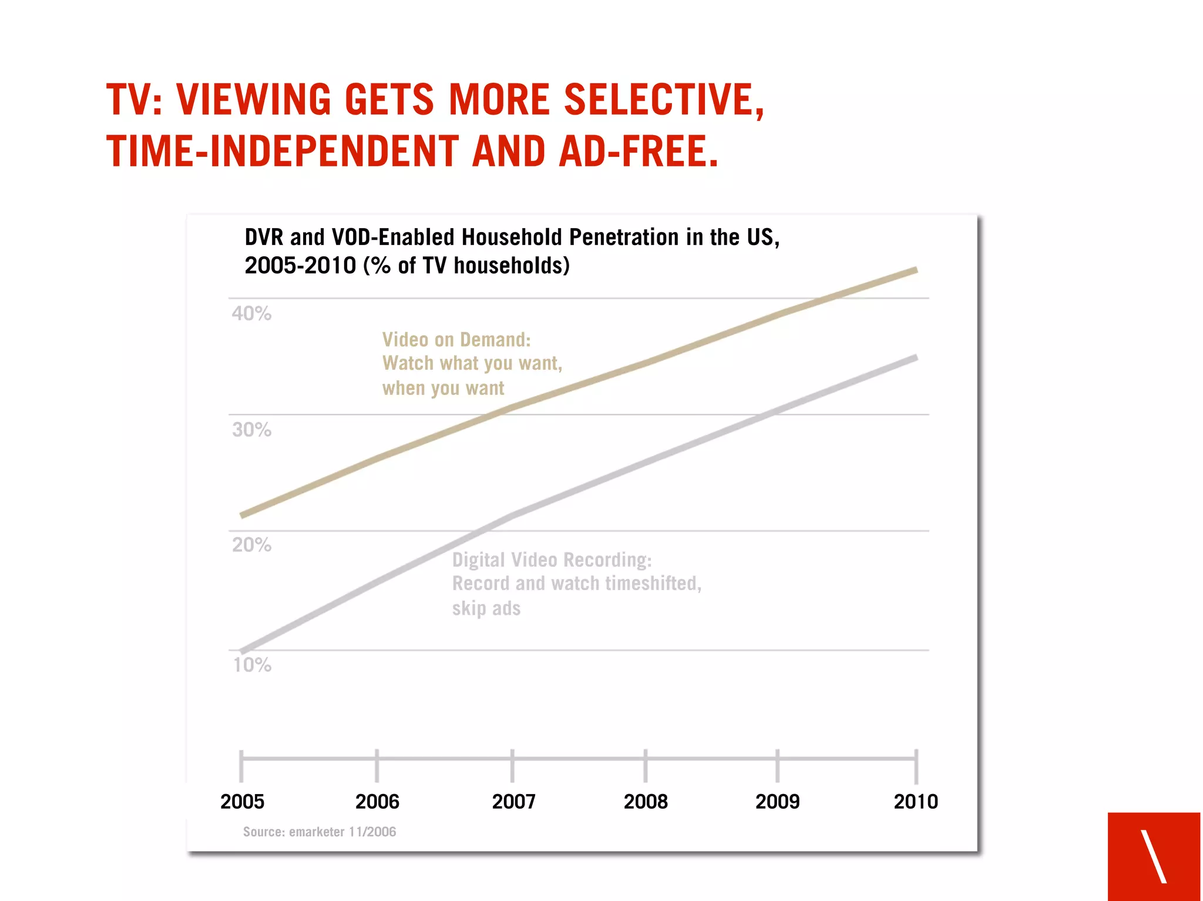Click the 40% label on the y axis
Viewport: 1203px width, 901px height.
coord(251,313)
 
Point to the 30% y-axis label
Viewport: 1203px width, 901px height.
coord(251,430)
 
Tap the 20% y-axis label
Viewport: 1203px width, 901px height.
coord(251,545)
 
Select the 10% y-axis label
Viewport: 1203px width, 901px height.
coord(252,665)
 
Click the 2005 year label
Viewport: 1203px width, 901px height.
coord(242,802)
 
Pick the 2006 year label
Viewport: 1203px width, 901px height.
coord(377,802)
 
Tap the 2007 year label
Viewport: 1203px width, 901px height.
coord(513,802)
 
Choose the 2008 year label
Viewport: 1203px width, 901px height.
coord(646,802)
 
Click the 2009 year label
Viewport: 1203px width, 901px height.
coord(777,802)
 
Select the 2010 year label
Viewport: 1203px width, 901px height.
coord(916,802)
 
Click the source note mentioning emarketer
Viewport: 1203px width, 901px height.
coord(320,832)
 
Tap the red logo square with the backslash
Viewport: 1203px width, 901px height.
coord(1154,856)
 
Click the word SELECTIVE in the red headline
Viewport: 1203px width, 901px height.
coord(664,99)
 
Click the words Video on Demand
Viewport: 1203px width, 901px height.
coord(456,340)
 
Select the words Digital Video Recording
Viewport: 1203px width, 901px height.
coord(552,560)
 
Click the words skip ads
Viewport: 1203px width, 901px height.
coord(486,608)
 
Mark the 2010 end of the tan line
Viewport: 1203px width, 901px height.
coord(916,270)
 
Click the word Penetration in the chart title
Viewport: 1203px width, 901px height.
coord(624,237)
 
